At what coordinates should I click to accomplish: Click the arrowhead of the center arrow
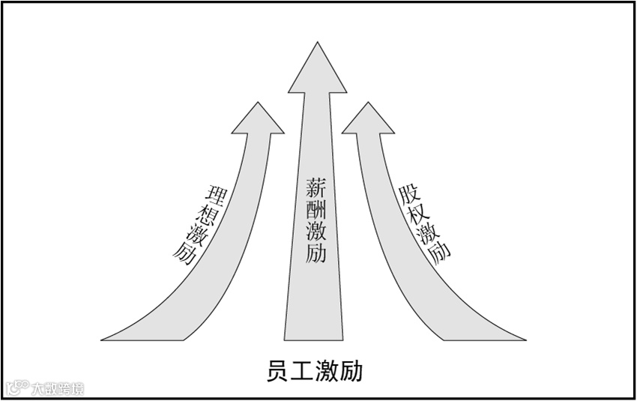317,71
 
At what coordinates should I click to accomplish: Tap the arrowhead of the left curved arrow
258,120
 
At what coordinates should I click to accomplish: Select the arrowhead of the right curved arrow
368,120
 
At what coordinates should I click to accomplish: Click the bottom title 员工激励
314,371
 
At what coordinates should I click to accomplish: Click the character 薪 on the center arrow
316,186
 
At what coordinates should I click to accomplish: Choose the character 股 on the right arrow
409,194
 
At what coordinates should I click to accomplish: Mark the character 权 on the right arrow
420,214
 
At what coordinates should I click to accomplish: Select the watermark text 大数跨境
57,388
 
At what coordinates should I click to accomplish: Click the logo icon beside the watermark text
16,388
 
